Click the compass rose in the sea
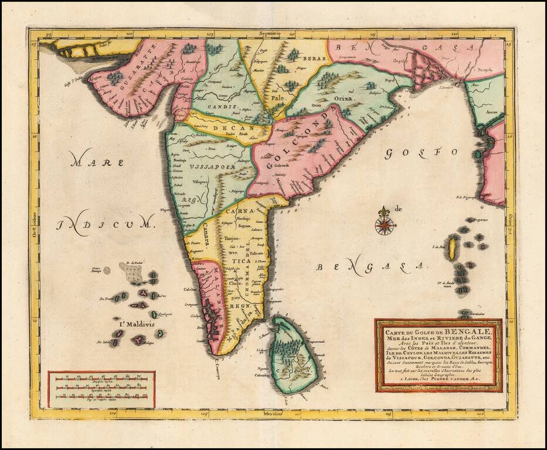[384, 223]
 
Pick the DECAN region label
[229, 128]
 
